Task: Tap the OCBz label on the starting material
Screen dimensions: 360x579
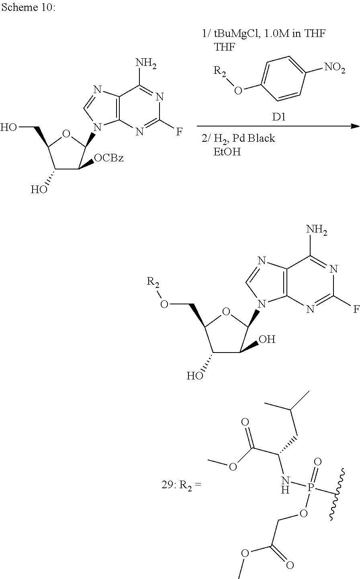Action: point(108,159)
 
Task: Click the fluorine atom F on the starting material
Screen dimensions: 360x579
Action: point(179,131)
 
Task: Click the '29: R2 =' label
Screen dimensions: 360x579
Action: point(180,486)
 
